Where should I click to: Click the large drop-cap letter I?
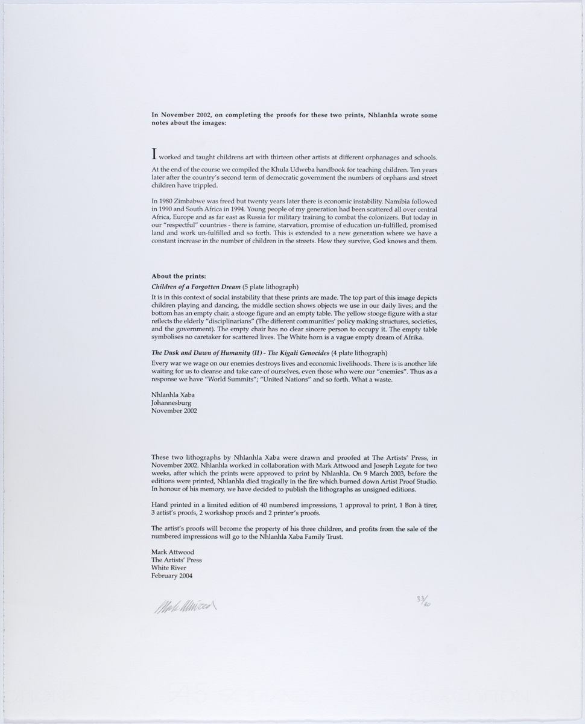pyautogui.click(x=154, y=154)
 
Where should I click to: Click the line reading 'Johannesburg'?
pyautogui.click(x=172, y=402)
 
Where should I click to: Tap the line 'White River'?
pyautogui.click(x=169, y=568)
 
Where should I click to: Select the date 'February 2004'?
pyautogui.click(x=172, y=576)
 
